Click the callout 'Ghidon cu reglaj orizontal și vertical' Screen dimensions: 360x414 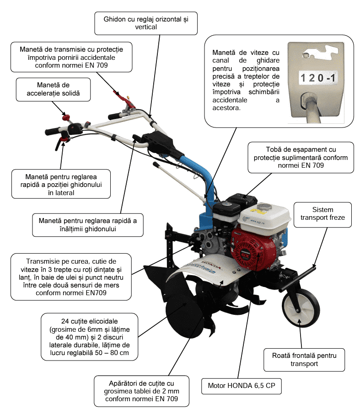point(146,23)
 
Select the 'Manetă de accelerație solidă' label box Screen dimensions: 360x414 point(53,89)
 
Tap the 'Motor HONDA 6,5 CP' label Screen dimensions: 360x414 point(242,386)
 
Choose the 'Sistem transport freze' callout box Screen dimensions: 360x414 point(322,215)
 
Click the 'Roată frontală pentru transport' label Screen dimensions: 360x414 point(304,360)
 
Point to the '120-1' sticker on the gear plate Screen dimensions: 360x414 point(318,78)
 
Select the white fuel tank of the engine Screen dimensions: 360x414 point(266,217)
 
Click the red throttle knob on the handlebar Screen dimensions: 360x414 point(65,117)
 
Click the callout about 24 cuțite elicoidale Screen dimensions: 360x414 point(89,337)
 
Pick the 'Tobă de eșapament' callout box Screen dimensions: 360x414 point(301,157)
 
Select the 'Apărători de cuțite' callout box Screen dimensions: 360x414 point(141,391)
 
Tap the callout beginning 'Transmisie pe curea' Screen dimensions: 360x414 point(71,277)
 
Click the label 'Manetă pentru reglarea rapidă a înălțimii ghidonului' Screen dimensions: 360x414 point(88,225)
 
